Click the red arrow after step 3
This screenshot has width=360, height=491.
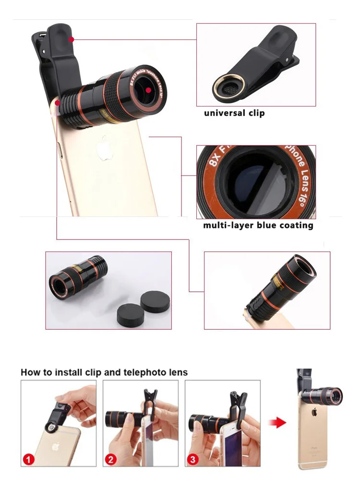pyautogui.click(x=277, y=422)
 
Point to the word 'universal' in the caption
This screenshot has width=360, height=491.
pyautogui.click(x=224, y=113)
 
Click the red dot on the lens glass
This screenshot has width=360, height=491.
pyautogui.click(x=149, y=90)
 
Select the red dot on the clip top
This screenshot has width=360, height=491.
pyautogui.click(x=71, y=39)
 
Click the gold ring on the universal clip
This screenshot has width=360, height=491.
pyautogui.click(x=228, y=86)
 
